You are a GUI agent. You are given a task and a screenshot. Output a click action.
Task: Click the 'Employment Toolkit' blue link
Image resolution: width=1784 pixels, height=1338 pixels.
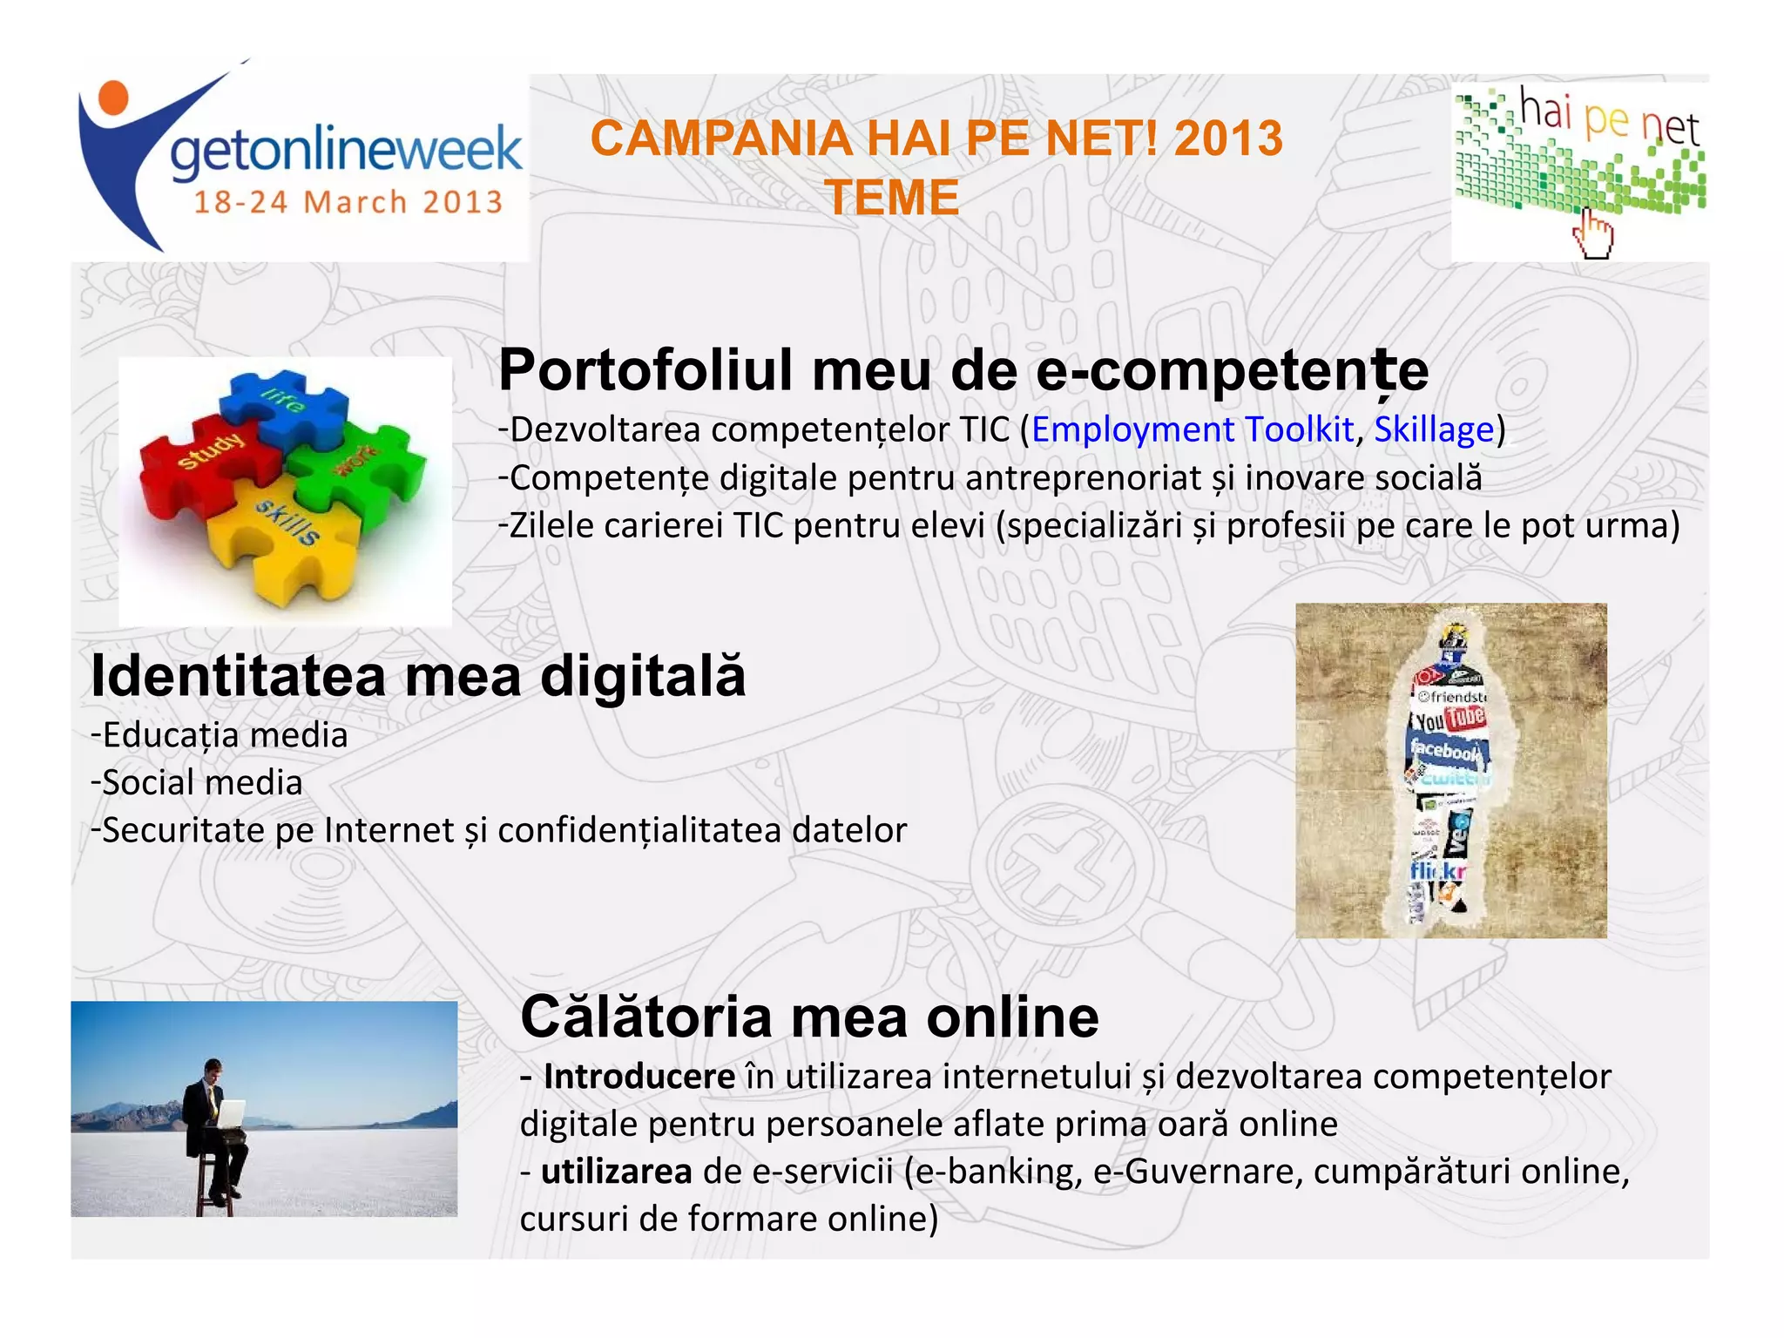coord(1192,429)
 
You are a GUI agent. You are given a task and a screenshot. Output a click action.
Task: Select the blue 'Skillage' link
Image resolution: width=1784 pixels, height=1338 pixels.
coord(1434,429)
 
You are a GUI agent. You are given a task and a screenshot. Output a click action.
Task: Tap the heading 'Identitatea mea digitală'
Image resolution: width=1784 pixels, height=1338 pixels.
coord(418,676)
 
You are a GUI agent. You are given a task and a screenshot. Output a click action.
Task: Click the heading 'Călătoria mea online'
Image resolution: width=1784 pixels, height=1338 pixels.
coord(809,1017)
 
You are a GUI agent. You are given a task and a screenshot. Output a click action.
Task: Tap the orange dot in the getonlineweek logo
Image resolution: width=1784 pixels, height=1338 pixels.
coord(112,97)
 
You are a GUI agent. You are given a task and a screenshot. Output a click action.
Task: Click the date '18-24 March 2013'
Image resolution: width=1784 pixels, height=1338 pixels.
coord(348,202)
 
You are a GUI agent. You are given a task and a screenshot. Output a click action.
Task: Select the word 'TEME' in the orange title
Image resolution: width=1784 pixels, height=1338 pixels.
coord(892,197)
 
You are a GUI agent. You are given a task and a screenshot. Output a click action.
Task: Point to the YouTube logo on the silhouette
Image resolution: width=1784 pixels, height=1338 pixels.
coord(1448,720)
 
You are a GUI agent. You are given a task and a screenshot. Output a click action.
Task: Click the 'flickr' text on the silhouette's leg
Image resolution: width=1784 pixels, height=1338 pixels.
coord(1437,870)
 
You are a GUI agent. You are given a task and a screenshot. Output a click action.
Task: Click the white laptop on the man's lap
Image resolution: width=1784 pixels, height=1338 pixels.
coord(232,1113)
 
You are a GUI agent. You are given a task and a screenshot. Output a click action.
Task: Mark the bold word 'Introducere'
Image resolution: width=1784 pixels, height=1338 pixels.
coord(639,1077)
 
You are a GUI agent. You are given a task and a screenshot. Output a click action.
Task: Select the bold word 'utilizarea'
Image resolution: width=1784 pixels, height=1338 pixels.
coord(616,1172)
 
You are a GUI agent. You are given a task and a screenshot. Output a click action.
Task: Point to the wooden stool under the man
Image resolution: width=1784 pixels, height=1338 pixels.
coord(212,1185)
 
